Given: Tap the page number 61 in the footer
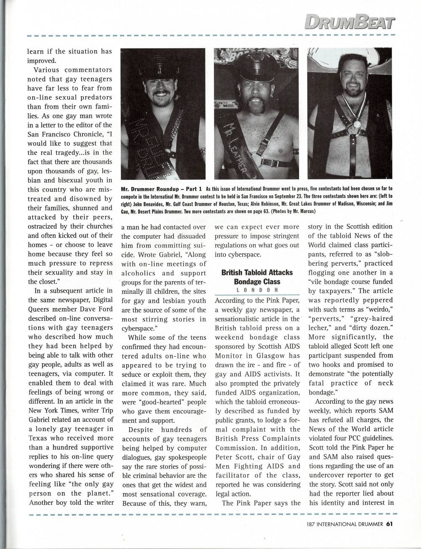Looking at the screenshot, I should coord(389,524).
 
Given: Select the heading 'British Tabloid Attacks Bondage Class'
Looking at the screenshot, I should coord(257,277).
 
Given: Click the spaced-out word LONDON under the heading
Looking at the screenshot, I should coord(257,290).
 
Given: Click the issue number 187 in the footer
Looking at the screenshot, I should coord(312,524).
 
